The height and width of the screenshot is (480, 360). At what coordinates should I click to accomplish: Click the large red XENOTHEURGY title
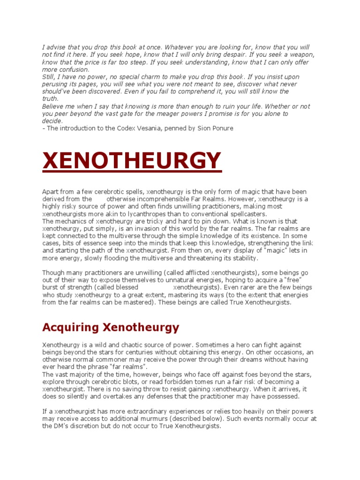click(x=132, y=161)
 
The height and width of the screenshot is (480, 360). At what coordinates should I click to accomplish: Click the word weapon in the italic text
click(x=300, y=55)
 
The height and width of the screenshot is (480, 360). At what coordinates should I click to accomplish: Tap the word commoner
click(x=113, y=360)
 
